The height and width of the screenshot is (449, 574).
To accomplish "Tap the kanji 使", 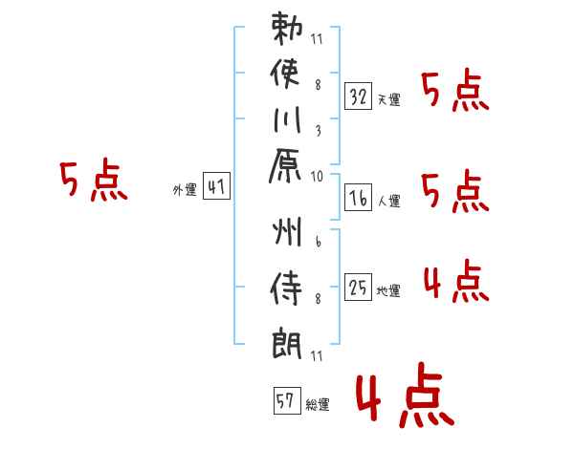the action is point(285,74).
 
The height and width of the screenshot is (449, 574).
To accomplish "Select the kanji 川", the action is point(287,119).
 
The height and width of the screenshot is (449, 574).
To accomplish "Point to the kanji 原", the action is point(285,165).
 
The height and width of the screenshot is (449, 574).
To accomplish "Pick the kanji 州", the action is point(287,231).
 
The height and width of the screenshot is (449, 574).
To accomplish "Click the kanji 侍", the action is point(286,289).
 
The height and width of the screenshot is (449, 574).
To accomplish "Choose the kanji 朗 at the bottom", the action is point(287,343).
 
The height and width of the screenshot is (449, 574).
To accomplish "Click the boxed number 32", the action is point(358,96).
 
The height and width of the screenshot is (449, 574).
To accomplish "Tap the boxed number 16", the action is point(358,197).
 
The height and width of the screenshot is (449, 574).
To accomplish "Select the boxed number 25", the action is point(358,287).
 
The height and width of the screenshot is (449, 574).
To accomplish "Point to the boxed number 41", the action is point(216,185).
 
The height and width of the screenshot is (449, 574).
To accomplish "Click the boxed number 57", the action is point(287,400).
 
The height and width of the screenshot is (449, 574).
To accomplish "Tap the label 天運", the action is point(389,99).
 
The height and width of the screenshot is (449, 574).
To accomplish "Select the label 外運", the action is point(185,190).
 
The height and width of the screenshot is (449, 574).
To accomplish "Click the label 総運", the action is point(318,404).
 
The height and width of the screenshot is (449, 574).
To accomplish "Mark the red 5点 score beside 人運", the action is point(455,191).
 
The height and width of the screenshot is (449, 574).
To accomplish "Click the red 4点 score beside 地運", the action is point(456,281).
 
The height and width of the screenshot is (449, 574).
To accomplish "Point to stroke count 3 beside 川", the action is point(319,131).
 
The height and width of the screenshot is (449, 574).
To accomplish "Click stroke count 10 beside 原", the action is point(317,176).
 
